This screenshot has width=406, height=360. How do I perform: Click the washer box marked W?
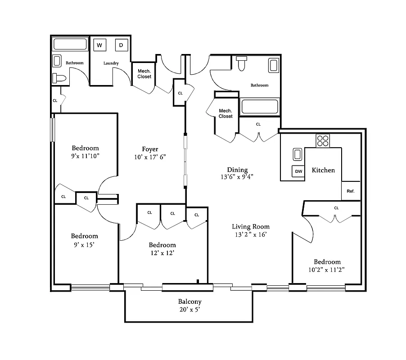[99, 45]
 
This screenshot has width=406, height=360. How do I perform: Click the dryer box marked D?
[121, 45]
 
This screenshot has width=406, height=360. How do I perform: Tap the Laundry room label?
[111, 63]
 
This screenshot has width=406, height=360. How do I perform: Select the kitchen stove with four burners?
[322, 141]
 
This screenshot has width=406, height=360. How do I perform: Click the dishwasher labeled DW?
[298, 171]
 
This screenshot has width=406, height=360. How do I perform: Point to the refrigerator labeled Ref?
[351, 191]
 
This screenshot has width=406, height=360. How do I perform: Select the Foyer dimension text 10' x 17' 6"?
[150, 157]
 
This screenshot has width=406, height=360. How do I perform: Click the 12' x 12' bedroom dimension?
[162, 253]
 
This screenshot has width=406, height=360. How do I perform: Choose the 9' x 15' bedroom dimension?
[84, 244]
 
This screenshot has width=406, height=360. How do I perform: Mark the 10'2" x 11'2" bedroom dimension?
[327, 270]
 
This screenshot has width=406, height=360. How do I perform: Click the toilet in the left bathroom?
[59, 78]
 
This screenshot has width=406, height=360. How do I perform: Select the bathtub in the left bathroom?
[70, 45]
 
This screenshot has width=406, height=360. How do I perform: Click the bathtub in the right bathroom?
[260, 107]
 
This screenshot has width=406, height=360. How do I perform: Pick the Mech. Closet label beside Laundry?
[144, 74]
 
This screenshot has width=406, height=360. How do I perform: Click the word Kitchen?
[323, 170]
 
